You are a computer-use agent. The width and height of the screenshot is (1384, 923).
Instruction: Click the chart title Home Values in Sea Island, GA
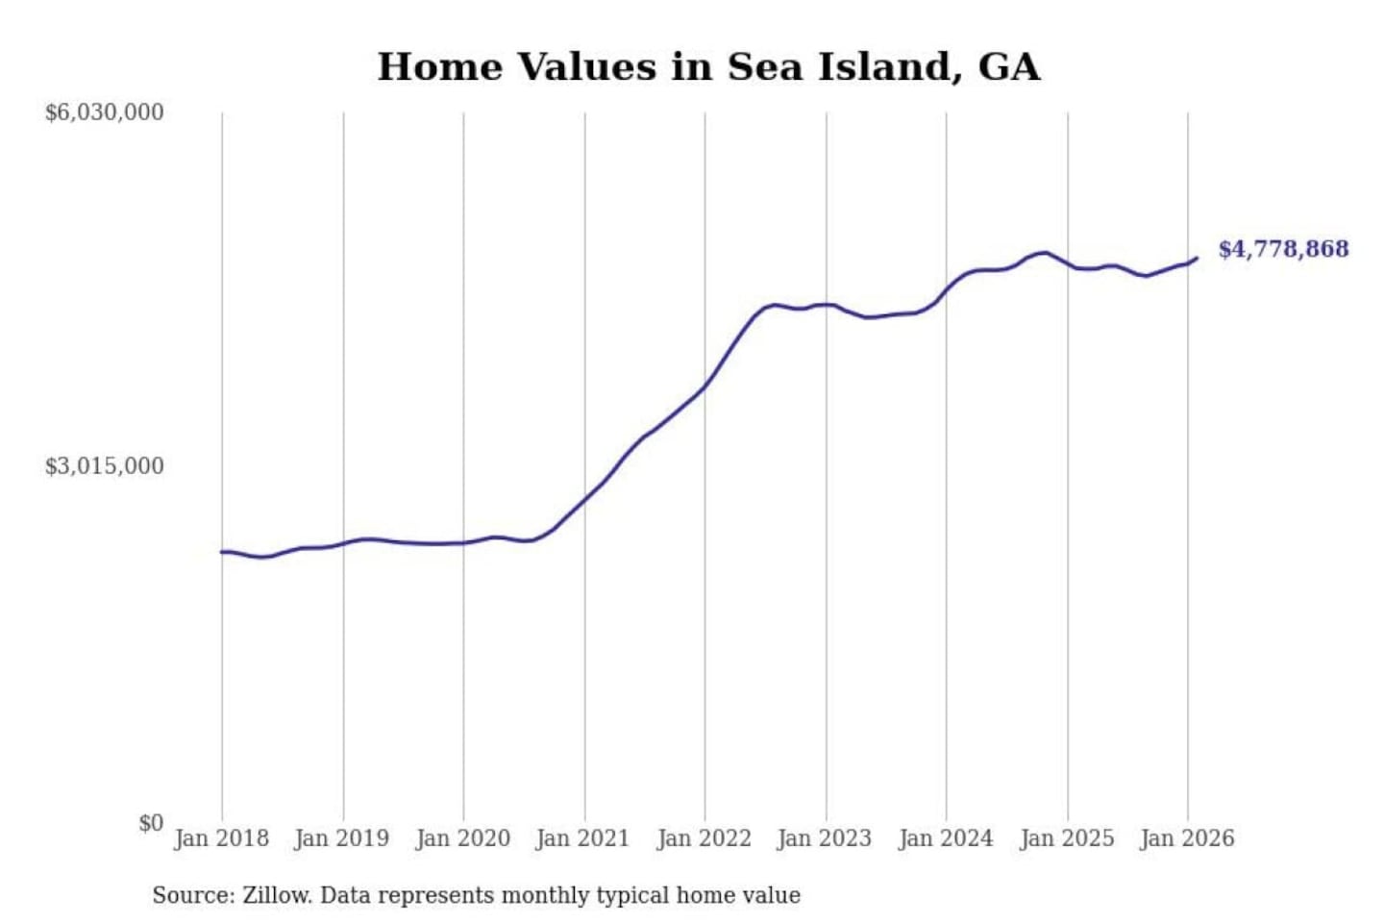pyautogui.click(x=708, y=67)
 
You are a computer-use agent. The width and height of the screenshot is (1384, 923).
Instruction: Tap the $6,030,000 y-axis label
pyautogui.click(x=104, y=112)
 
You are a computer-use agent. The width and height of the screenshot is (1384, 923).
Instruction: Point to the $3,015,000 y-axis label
pyautogui.click(x=104, y=466)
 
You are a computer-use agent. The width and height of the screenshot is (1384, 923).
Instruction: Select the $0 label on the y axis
pyautogui.click(x=151, y=823)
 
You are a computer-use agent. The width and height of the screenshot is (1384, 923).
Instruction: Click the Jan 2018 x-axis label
pyautogui.click(x=221, y=838)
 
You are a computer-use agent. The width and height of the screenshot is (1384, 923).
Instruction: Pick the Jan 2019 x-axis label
pyautogui.click(x=341, y=838)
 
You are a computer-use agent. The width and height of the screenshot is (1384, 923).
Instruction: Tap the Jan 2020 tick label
pyautogui.click(x=462, y=838)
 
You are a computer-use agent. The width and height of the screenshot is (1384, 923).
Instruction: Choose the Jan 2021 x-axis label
pyautogui.click(x=582, y=838)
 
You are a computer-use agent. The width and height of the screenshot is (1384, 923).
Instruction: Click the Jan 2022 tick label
pyautogui.click(x=704, y=838)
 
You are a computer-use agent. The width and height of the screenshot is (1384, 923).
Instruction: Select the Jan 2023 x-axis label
pyautogui.click(x=824, y=838)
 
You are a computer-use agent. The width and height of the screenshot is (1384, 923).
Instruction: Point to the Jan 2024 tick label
pyautogui.click(x=945, y=838)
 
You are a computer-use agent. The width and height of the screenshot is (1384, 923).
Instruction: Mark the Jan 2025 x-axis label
pyautogui.click(x=1066, y=838)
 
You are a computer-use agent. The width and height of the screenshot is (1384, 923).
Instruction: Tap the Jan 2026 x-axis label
pyautogui.click(x=1186, y=838)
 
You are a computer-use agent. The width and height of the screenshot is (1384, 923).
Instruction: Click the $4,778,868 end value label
pyautogui.click(x=1283, y=249)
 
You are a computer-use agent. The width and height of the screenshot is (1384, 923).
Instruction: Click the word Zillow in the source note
pyautogui.click(x=276, y=895)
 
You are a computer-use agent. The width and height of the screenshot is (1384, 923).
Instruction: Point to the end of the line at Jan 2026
pyautogui.click(x=1196, y=258)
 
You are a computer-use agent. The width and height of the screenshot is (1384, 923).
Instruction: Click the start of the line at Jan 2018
pyautogui.click(x=222, y=552)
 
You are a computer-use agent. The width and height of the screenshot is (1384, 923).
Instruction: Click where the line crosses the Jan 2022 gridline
pyautogui.click(x=704, y=386)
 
